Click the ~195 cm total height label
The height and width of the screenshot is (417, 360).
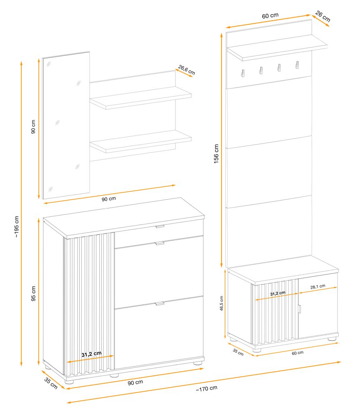pyautogui.click(x=17, y=226)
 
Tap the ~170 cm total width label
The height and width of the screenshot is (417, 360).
pyautogui.click(x=206, y=389)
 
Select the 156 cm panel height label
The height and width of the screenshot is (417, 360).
pyautogui.click(x=216, y=154)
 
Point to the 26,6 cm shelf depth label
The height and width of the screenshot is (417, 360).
pyautogui.click(x=186, y=70)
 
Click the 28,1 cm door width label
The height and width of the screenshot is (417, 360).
pyautogui.click(x=318, y=287)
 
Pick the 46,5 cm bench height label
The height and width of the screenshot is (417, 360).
pyautogui.click(x=222, y=303)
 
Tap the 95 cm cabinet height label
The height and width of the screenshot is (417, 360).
pyautogui.click(x=33, y=293)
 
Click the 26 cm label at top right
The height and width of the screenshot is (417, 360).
pyautogui.click(x=323, y=17)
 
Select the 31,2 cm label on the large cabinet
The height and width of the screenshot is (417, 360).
pyautogui.click(x=91, y=354)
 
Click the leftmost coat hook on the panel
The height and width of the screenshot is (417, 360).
pyautogui.click(x=243, y=73)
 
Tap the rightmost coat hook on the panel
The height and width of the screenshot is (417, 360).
pyautogui.click(x=297, y=65)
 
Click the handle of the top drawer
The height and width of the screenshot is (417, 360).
pyautogui.click(x=160, y=226)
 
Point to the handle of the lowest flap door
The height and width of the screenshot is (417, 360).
pyautogui.click(x=160, y=304)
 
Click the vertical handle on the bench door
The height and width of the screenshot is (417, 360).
pyautogui.click(x=300, y=309)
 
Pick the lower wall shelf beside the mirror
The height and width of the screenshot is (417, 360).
pyautogui.click(x=141, y=141)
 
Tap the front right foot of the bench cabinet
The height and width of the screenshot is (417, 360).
pyautogui.click(x=332, y=339)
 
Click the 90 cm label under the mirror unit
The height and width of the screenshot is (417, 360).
pyautogui.click(x=108, y=198)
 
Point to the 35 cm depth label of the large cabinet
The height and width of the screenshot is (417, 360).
pyautogui.click(x=51, y=383)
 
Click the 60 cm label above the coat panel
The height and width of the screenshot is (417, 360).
pyautogui.click(x=270, y=16)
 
